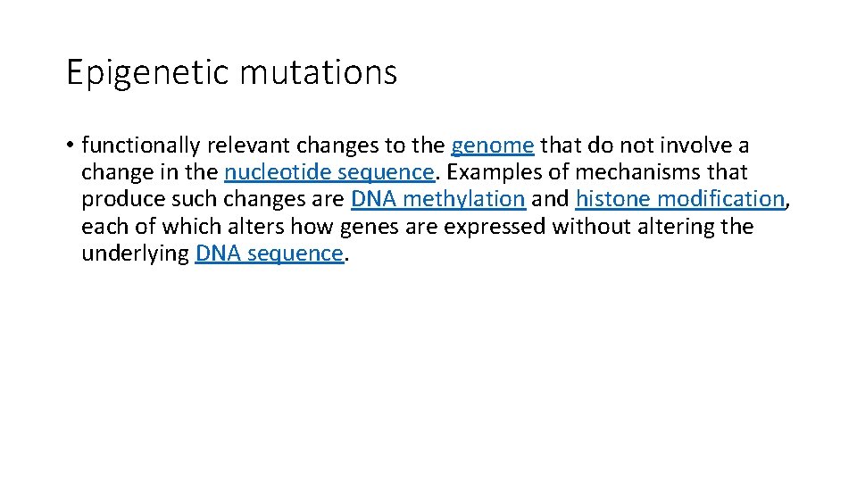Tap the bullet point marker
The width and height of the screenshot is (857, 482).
(x=70, y=145)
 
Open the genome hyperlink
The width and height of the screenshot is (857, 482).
(x=493, y=145)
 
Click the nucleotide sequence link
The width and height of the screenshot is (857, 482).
(x=329, y=172)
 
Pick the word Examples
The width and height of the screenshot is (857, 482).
(x=492, y=172)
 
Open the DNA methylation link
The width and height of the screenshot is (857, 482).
(x=437, y=199)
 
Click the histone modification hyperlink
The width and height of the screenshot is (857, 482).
(x=680, y=199)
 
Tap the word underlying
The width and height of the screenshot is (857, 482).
(x=135, y=253)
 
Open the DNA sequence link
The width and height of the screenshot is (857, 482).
(x=269, y=253)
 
